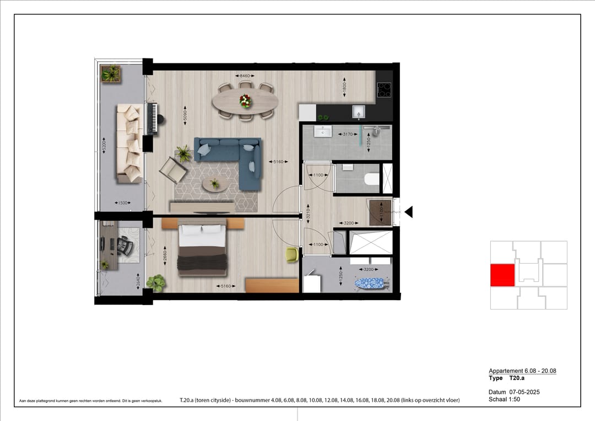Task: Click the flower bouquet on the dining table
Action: click(245, 101)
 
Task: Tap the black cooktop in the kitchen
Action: click(384, 90)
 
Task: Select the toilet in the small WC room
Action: click(372, 179)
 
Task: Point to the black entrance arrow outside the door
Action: click(408, 212)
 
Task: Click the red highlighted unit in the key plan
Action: click(502, 275)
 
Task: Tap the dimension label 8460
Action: click(244, 76)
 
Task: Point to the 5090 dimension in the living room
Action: click(185, 117)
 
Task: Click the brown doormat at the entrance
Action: click(380, 212)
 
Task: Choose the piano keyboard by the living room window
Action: click(153, 118)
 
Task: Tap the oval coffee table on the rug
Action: click(214, 184)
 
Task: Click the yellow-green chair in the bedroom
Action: click(292, 254)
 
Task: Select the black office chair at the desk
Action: click(125, 246)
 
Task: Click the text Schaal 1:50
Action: click(504, 399)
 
